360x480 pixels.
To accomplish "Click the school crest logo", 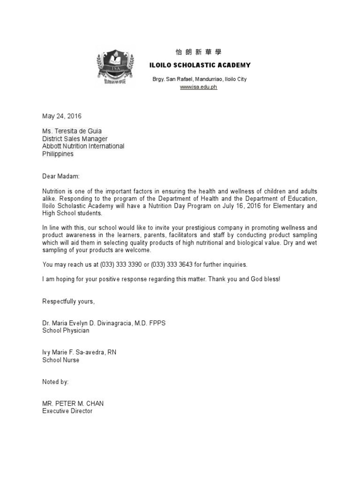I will click(115, 67).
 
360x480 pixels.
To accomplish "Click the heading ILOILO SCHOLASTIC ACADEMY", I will click(199, 65).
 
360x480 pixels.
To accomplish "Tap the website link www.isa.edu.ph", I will click(199, 88).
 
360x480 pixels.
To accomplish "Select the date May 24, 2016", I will click(62, 116).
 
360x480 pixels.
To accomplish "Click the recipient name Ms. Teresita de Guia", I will click(72, 131).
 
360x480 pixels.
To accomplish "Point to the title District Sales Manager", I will click(75, 139).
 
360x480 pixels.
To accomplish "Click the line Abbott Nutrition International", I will click(83, 146).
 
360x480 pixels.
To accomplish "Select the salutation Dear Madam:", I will click(61, 176).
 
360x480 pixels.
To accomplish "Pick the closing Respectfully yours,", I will click(68, 301).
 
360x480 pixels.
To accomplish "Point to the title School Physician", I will click(66, 331).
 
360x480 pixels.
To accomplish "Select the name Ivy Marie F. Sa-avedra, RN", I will click(79, 352).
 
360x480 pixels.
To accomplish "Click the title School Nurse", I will click(60, 360).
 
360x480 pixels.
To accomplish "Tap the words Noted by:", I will click(55, 382).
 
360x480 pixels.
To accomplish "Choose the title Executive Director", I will click(67, 411).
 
